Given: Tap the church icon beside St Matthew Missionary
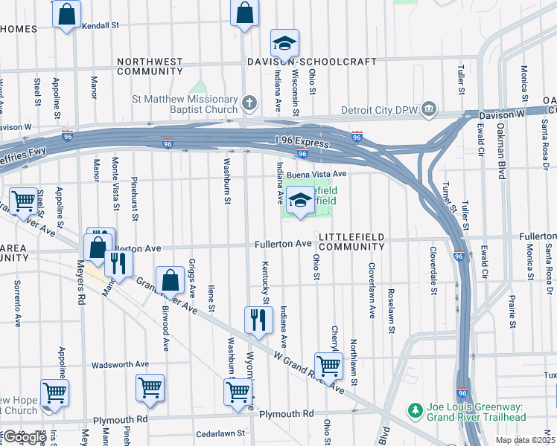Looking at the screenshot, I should [x=250, y=101].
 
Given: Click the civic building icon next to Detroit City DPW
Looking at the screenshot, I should [x=429, y=110].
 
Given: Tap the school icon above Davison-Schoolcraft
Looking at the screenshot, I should [x=284, y=42].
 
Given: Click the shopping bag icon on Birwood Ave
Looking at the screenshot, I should [x=171, y=281].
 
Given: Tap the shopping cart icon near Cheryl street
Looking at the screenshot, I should [x=328, y=366].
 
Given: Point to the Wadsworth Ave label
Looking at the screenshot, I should [x=120, y=365].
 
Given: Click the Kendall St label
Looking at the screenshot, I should [x=101, y=25].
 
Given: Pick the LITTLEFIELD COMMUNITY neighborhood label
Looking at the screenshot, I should [x=351, y=242].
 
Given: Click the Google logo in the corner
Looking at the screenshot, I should [x=24, y=437].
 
